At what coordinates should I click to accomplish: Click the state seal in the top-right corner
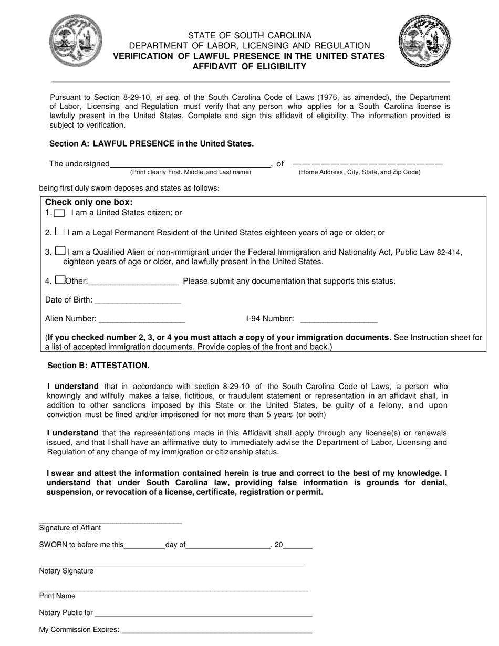pos(424,40)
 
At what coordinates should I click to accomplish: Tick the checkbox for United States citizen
pos(60,213)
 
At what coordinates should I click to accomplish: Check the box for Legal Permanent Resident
pos(60,232)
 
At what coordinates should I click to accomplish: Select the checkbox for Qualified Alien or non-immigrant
pos(60,252)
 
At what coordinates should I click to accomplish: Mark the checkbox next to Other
pos(60,280)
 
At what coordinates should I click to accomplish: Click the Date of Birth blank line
pos(138,302)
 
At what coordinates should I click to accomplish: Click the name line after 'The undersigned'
pos(190,165)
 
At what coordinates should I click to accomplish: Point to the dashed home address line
pos(368,164)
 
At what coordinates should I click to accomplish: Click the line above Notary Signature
pos(172,565)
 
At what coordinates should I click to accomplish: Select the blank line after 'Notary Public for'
pos(204,614)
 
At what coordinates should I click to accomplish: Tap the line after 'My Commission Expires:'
pos(217,631)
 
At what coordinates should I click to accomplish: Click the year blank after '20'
pos(298,547)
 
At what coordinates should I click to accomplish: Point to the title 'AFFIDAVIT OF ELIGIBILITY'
pos(249,66)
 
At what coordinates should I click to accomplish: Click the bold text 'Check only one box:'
pos(89,202)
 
